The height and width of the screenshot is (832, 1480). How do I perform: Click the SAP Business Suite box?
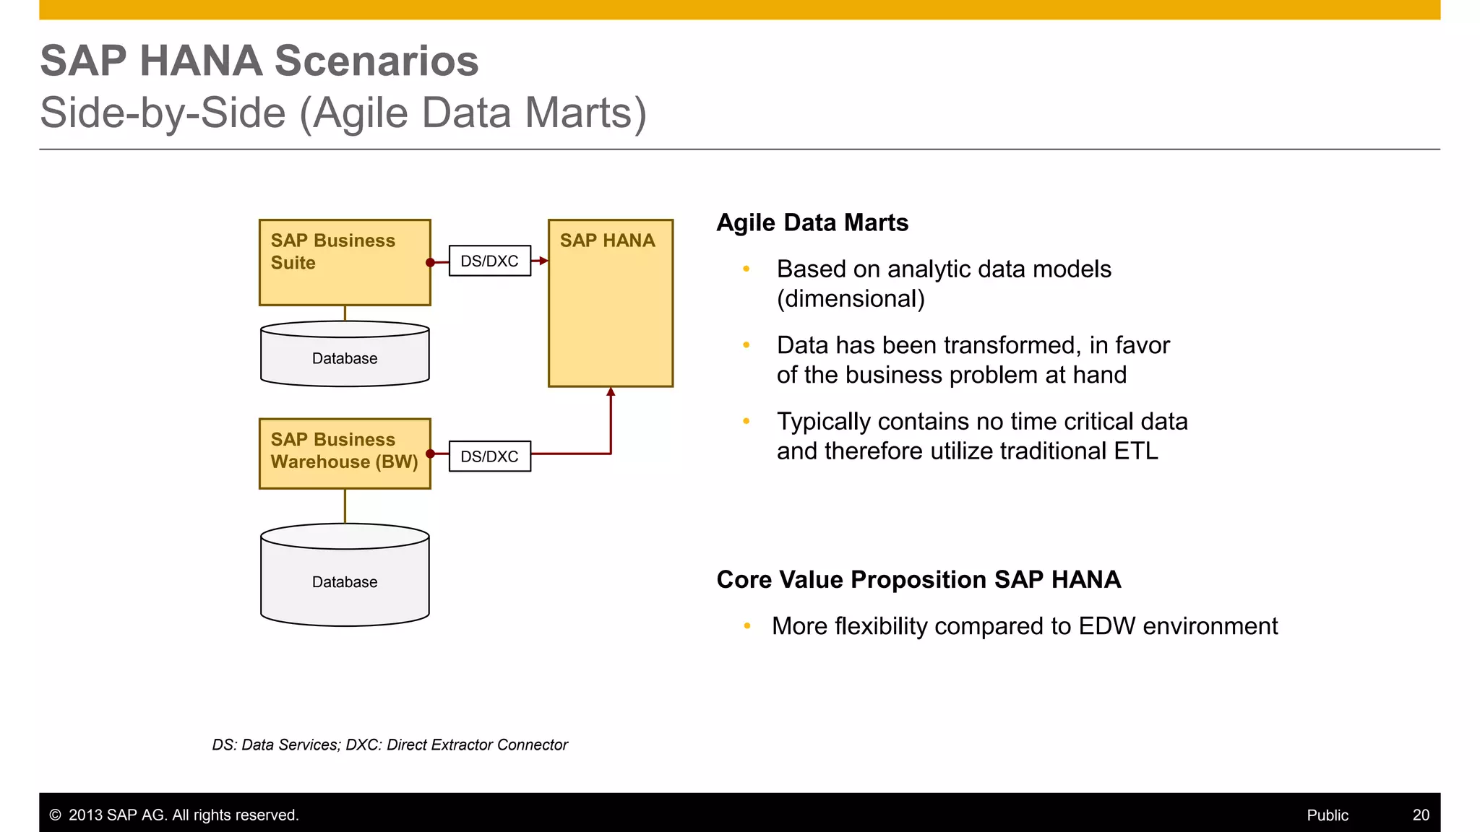pos(345,262)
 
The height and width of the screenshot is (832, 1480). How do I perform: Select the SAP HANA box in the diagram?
pos(611,303)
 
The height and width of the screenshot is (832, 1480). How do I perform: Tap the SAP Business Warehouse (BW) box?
pos(345,454)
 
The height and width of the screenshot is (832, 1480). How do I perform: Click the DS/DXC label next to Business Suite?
pos(490,261)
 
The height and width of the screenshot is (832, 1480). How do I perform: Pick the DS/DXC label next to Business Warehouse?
pos(490,456)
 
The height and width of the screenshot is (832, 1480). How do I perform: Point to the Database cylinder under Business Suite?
pos(345,355)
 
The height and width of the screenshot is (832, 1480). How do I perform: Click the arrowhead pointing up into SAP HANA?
pos(611,392)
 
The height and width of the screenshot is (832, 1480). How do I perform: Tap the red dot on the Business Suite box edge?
pos(431,263)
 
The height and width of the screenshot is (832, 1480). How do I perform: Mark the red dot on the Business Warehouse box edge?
pos(431,454)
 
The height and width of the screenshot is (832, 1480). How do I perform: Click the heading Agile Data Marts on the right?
pos(812,222)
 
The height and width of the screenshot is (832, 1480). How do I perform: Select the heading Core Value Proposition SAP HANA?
pos(918,579)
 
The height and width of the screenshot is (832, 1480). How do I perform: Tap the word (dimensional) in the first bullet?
pos(851,299)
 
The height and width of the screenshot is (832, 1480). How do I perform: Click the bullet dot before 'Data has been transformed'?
pos(747,345)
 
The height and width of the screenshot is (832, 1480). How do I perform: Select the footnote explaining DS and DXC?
pos(390,745)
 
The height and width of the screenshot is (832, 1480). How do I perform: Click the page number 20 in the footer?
pos(1421,815)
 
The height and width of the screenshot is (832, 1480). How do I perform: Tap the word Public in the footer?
pos(1328,815)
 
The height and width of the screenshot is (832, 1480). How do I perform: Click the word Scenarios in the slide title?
pos(377,61)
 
